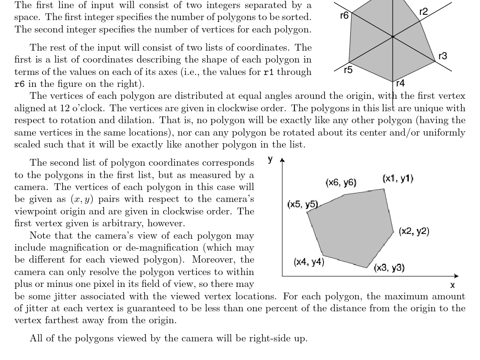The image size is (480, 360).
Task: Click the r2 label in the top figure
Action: point(423,12)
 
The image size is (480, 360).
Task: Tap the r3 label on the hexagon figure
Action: point(443,56)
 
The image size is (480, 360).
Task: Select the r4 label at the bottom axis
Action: point(400,84)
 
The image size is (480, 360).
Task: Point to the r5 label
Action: point(348,70)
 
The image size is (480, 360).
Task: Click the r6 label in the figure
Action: point(344,16)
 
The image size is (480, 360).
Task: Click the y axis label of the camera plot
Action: point(271,159)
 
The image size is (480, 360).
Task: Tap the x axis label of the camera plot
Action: point(452,285)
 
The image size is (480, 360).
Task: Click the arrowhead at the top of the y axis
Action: point(282,161)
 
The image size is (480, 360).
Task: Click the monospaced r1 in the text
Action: point(269,72)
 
